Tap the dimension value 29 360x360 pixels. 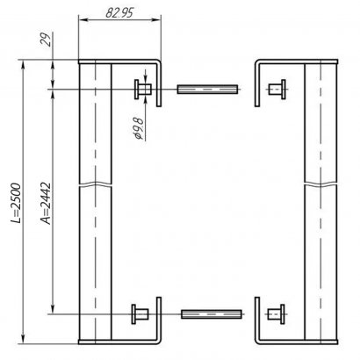click(43, 40)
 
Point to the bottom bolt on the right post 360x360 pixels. click(274, 313)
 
